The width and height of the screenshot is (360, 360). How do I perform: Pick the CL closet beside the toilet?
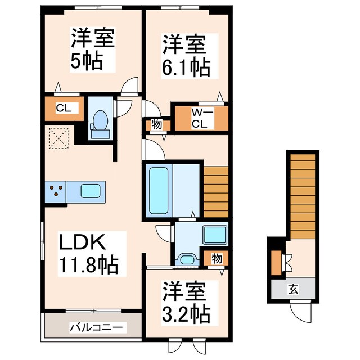(x=63, y=109)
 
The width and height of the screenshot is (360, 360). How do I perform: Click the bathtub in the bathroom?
(x=159, y=190)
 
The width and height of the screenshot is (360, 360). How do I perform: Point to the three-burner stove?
(x=56, y=191)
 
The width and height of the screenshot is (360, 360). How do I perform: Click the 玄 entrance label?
(x=294, y=290)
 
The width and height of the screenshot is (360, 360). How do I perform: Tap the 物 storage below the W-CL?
(x=157, y=125)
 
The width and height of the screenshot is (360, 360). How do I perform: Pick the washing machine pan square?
(x=214, y=235)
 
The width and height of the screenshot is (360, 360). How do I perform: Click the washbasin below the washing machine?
(x=186, y=259)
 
